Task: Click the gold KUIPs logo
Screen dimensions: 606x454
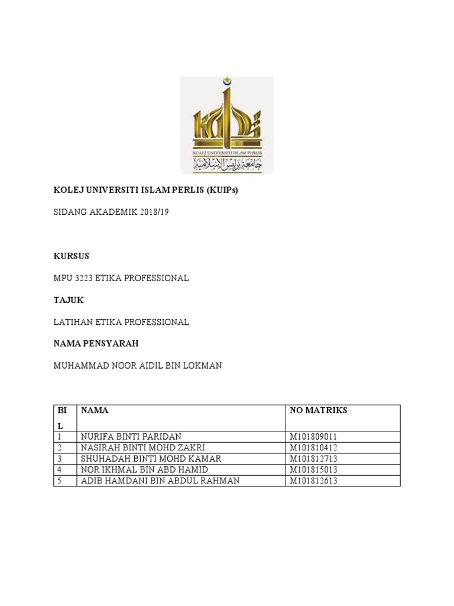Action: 226,125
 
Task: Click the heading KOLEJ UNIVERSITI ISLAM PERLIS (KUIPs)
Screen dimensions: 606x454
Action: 145,191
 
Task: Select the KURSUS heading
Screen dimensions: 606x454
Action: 71,256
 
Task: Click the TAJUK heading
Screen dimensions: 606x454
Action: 69,300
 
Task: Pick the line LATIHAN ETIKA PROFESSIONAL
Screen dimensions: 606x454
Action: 121,322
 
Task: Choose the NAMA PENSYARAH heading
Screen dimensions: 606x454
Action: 96,344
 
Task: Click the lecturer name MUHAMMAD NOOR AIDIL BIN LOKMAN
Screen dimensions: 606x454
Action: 138,366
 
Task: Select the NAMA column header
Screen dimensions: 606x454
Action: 95,410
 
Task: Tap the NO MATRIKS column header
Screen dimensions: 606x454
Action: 319,410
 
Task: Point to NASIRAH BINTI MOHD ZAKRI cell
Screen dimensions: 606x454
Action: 142,447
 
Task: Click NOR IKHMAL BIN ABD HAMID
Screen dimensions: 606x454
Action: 142,469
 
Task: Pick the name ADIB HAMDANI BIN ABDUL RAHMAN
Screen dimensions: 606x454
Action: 160,481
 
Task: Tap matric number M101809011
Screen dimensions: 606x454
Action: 313,437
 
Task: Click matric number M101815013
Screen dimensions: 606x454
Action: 313,469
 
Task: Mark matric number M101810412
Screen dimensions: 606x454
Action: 313,447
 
